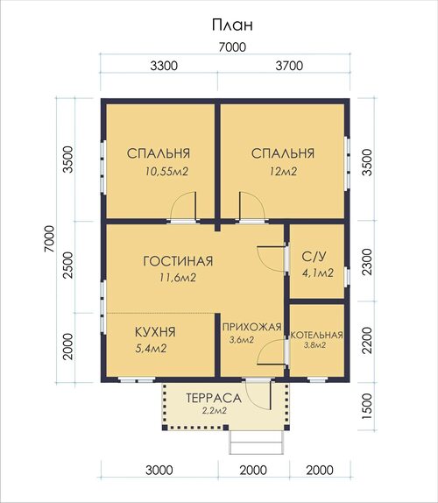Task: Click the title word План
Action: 232,25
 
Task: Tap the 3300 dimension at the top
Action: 164,66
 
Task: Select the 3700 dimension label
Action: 289,66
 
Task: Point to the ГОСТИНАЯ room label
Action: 178,261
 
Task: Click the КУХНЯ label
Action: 155,332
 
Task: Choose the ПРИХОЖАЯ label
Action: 252,327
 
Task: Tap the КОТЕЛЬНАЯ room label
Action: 317,335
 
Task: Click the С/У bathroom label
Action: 314,256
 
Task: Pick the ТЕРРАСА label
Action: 214,399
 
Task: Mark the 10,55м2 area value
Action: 166,172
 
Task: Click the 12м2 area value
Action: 283,172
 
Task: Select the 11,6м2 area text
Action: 178,278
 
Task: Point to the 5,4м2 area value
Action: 151,349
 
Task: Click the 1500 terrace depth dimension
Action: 367,406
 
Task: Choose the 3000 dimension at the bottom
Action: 159,471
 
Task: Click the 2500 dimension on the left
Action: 68,265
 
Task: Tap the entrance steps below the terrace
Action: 257,443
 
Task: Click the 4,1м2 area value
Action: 318,273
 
